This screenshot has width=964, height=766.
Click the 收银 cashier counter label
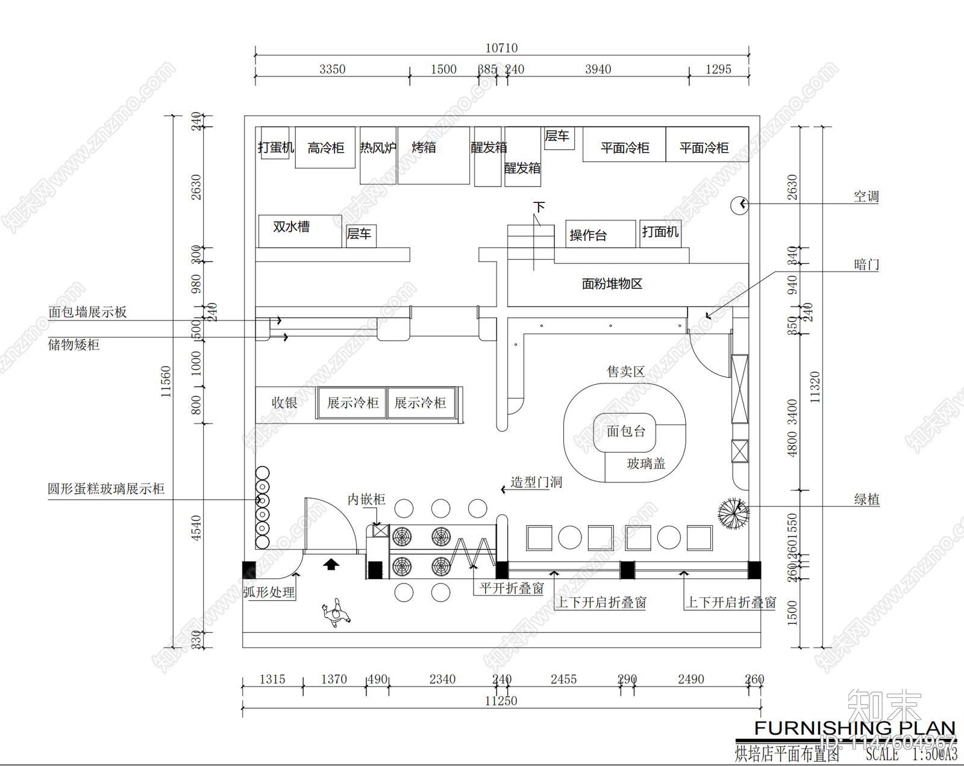click(284, 403)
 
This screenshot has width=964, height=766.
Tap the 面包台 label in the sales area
click(625, 431)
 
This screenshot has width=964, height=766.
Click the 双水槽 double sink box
click(299, 230)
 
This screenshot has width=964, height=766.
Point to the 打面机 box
click(660, 232)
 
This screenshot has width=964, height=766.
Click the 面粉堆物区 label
click(612, 284)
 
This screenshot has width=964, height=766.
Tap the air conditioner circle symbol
click(739, 205)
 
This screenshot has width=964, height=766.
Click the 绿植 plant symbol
click(733, 513)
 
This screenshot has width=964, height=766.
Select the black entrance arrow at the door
click(331, 564)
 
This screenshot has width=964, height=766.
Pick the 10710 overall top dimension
click(501, 48)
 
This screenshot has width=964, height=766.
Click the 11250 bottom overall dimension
click(501, 701)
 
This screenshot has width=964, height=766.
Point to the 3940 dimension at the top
click(598, 70)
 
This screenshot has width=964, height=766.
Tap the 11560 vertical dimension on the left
click(166, 381)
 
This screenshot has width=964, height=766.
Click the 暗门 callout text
click(866, 264)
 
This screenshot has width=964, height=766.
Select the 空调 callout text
click(866, 197)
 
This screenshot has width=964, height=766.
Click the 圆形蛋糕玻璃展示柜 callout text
click(106, 489)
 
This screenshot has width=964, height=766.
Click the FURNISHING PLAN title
click(854, 728)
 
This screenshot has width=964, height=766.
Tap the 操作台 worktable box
click(600, 234)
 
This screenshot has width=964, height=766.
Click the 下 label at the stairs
click(539, 207)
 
